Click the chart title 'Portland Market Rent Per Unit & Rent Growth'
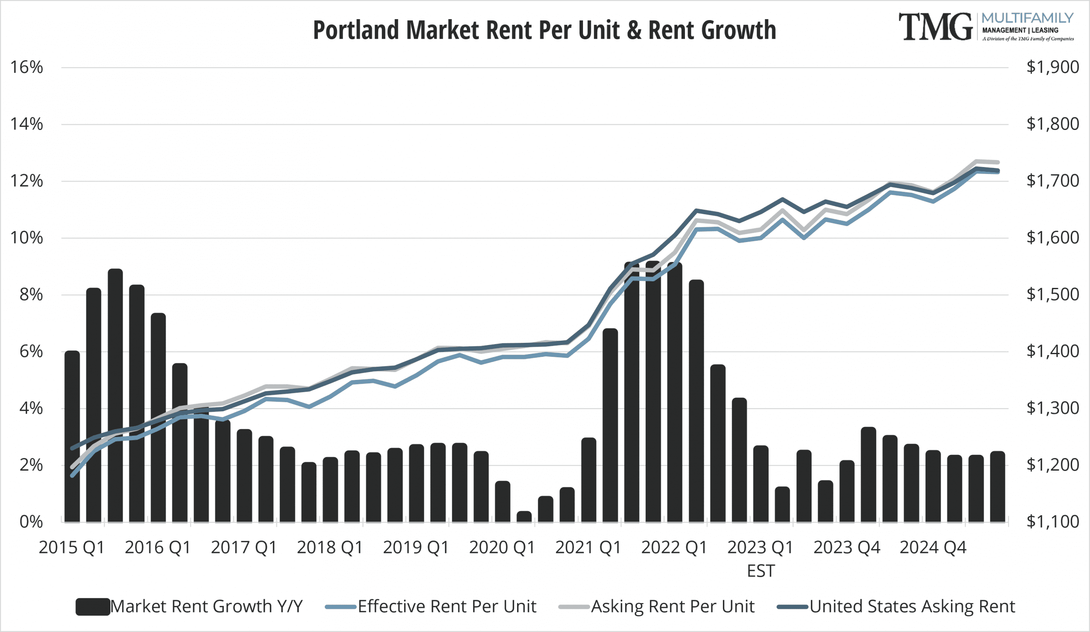click(544, 30)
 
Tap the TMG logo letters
click(935, 27)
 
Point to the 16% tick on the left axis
click(27, 67)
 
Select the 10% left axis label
click(27, 238)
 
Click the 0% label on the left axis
click(31, 522)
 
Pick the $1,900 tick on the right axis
click(1053, 67)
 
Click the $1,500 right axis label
click(1053, 294)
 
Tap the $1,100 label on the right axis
click(1053, 522)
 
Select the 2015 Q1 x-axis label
click(72, 547)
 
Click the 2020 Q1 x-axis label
click(502, 547)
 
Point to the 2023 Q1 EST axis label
click(760, 558)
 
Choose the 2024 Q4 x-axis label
click(933, 547)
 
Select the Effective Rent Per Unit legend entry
click(431, 607)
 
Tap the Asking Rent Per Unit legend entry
click(657, 607)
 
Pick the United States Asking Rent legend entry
click(896, 607)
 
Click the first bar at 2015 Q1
click(72, 436)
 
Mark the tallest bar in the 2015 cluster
click(115, 395)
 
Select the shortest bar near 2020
click(524, 516)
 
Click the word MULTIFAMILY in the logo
click(1027, 18)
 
